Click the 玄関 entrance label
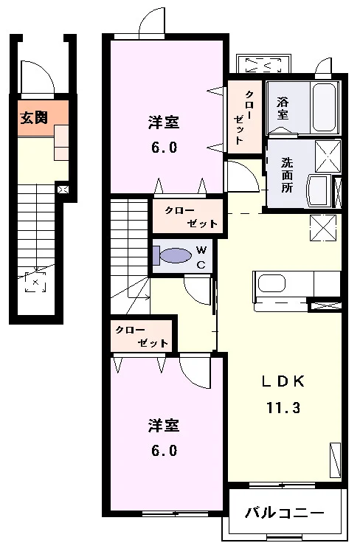(34, 117)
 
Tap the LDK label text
(283, 381)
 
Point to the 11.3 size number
(283, 408)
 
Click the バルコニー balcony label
(285, 513)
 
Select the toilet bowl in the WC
(175, 255)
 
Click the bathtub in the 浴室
(323, 107)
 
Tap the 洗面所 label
(287, 175)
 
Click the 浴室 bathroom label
(283, 108)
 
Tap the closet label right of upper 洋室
(244, 117)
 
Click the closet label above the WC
(191, 217)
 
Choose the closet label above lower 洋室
(142, 336)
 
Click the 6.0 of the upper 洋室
(164, 147)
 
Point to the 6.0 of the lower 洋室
(164, 451)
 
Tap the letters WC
(201, 257)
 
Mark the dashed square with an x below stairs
(35, 283)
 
